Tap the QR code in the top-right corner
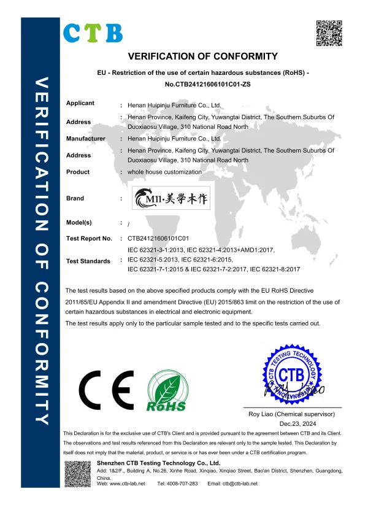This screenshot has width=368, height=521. pos(328,33)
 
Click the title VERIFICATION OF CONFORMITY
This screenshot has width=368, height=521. pos(203,56)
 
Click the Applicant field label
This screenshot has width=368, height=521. pos(80,103)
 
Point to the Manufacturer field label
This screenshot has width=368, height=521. pos(86,139)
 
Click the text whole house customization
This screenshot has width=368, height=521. pos(164,172)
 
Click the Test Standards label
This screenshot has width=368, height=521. pos(88,261)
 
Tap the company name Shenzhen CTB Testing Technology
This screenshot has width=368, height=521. pos(158,463)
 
